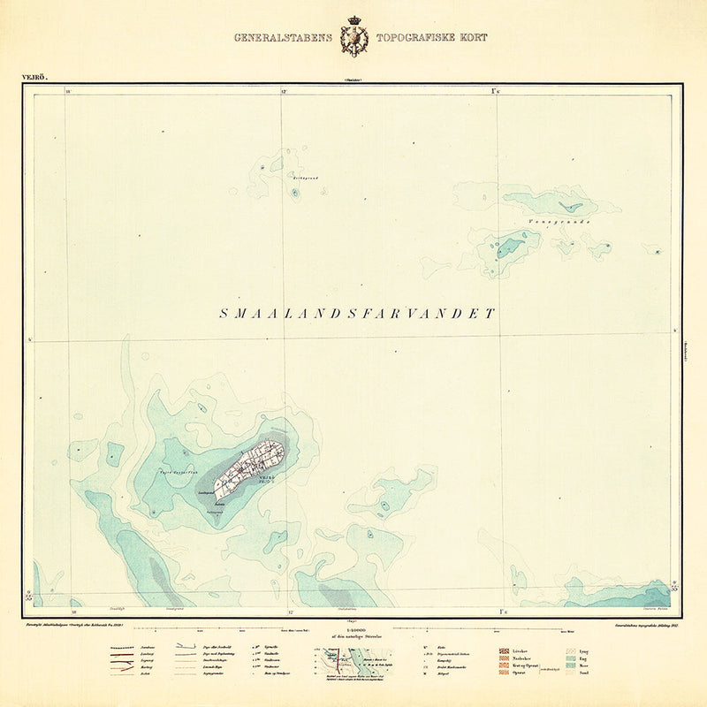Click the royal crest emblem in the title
click(x=357, y=40)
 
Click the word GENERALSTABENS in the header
click(x=283, y=38)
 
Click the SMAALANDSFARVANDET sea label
click(x=357, y=314)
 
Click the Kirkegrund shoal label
click(x=306, y=179)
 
